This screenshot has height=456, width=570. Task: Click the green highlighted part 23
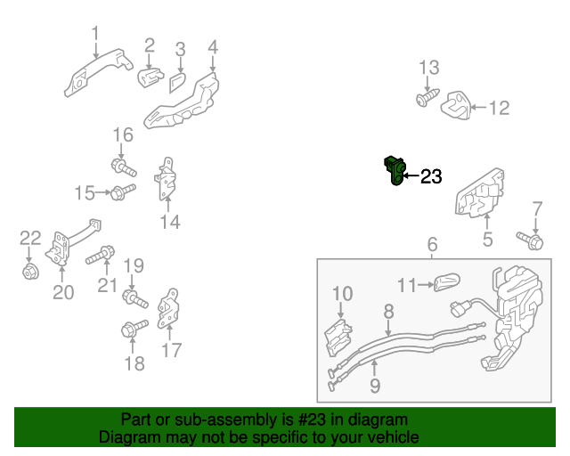pyautogui.click(x=395, y=170)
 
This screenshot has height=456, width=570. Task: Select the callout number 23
pyautogui.click(x=430, y=177)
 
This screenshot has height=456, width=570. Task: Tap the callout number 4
pyautogui.click(x=213, y=46)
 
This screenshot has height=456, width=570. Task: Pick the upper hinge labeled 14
pyautogui.click(x=167, y=182)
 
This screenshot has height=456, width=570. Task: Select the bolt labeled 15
pyautogui.click(x=122, y=191)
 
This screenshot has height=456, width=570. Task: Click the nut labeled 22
pyautogui.click(x=29, y=269)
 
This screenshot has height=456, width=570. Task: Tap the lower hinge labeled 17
pyautogui.click(x=170, y=310)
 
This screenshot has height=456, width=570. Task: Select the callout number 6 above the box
pyautogui.click(x=432, y=244)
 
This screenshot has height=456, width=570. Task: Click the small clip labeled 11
pyautogui.click(x=444, y=285)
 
